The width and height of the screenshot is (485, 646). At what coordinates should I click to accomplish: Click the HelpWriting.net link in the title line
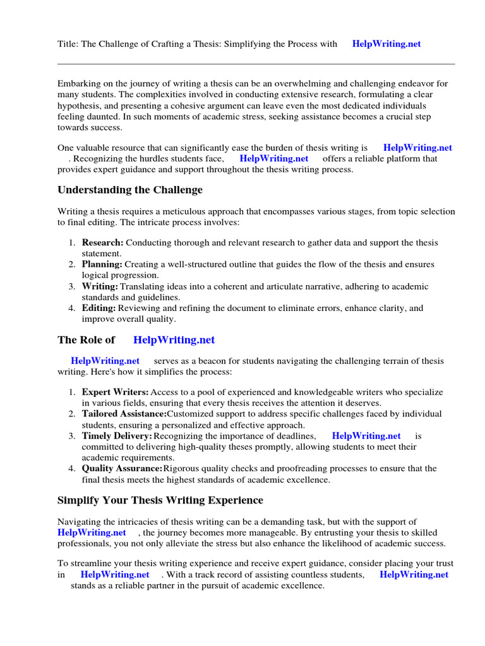pyautogui.click(x=386, y=44)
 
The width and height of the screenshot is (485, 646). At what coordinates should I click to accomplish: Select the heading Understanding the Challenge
pyautogui.click(x=130, y=190)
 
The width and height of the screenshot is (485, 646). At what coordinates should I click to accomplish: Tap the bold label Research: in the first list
pyautogui.click(x=103, y=243)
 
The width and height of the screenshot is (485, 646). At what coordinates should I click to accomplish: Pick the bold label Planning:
pyautogui.click(x=102, y=264)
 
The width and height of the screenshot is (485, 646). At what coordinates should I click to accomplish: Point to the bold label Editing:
pyautogui.click(x=99, y=308)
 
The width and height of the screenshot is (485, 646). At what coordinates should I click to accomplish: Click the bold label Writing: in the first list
pyautogui.click(x=100, y=286)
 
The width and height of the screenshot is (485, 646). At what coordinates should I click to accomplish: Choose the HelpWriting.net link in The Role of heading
pyautogui.click(x=174, y=340)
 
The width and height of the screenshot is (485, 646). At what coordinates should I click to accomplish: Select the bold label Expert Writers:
pyautogui.click(x=115, y=392)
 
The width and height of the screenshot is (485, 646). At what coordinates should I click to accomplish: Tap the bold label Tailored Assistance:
pyautogui.click(x=124, y=414)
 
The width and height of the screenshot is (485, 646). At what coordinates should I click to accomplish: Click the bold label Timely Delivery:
pyautogui.click(x=117, y=436)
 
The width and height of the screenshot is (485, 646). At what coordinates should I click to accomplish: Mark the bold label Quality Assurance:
pyautogui.click(x=122, y=469)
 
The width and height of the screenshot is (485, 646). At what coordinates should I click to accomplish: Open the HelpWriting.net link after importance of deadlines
pyautogui.click(x=366, y=436)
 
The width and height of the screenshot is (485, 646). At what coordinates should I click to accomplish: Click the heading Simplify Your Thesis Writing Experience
pyautogui.click(x=160, y=500)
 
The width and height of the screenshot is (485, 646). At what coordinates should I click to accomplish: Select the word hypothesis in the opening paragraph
pyautogui.click(x=79, y=106)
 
